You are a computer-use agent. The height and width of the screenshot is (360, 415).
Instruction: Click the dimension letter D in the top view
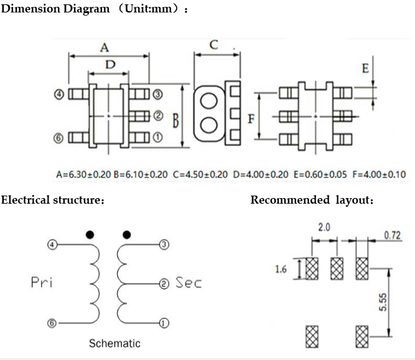(x=110, y=64)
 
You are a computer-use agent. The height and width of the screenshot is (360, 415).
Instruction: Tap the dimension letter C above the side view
(x=213, y=44)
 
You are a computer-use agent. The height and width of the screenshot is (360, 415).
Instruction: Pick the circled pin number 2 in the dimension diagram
(x=157, y=116)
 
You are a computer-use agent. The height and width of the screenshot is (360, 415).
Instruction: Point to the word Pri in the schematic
(x=42, y=283)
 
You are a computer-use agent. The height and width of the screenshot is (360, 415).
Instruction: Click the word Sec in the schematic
(x=189, y=283)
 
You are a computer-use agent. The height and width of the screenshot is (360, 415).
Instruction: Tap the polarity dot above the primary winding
(x=90, y=235)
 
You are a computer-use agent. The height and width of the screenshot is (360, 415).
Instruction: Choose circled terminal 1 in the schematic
(x=164, y=323)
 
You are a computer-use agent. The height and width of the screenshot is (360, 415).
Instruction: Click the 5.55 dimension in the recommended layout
(x=383, y=303)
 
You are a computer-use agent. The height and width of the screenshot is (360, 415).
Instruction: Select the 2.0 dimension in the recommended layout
(x=324, y=228)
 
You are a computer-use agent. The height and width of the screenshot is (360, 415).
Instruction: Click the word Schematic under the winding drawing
(x=114, y=343)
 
